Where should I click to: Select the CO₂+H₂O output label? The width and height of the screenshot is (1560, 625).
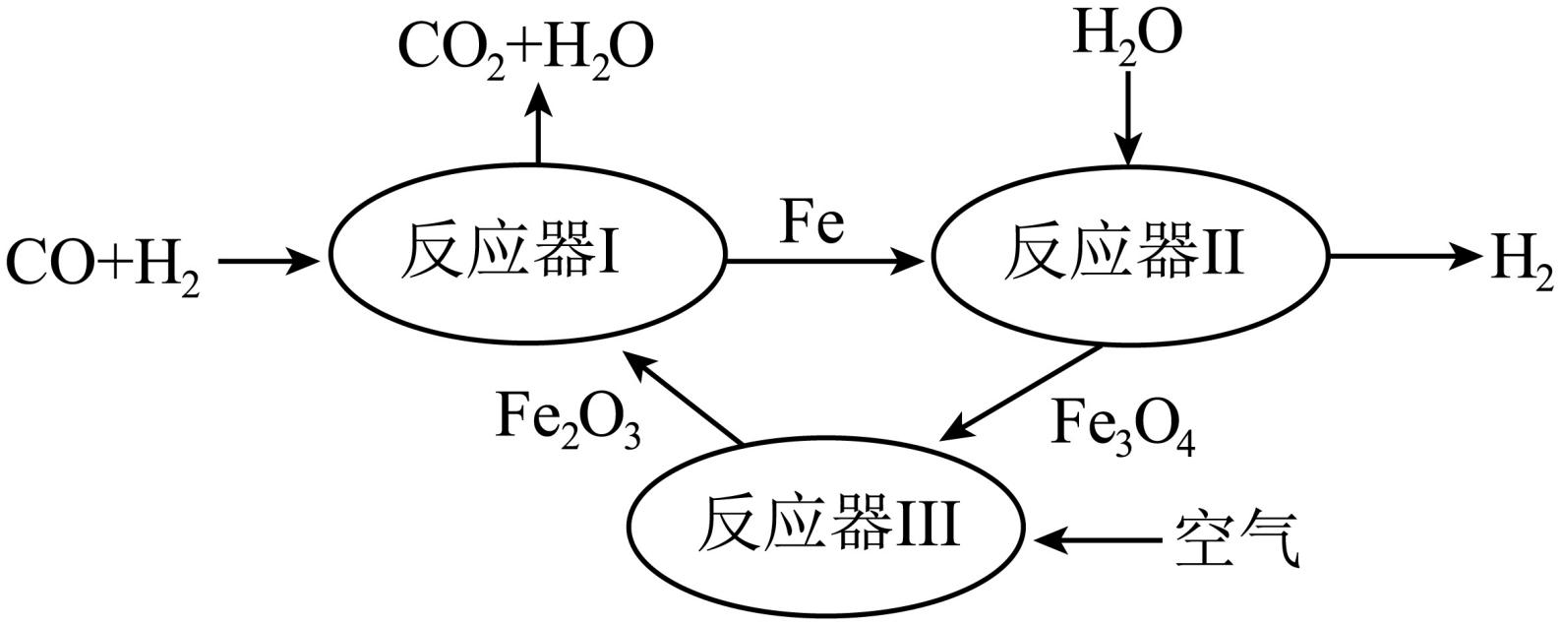(x=525, y=47)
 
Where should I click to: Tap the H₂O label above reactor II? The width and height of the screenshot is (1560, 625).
(x=1126, y=34)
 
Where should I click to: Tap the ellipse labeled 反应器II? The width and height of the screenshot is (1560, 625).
(x=1129, y=258)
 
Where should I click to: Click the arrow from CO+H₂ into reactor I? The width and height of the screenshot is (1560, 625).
(x=269, y=261)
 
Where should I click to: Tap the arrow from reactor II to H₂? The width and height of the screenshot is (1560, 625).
(x=1405, y=258)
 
